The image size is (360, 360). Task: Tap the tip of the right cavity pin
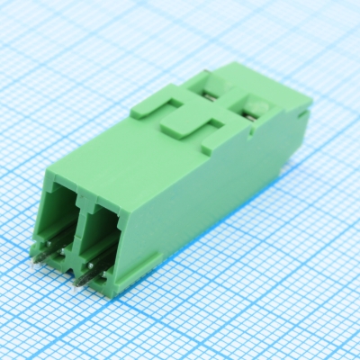(77, 282)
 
